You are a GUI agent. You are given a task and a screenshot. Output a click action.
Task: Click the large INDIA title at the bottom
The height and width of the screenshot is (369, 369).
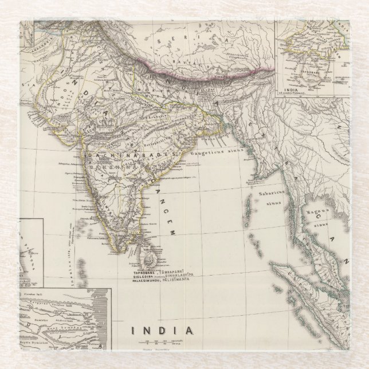click(162, 330)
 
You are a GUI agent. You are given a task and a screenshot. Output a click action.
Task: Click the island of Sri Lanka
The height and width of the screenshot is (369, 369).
click(150, 258)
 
